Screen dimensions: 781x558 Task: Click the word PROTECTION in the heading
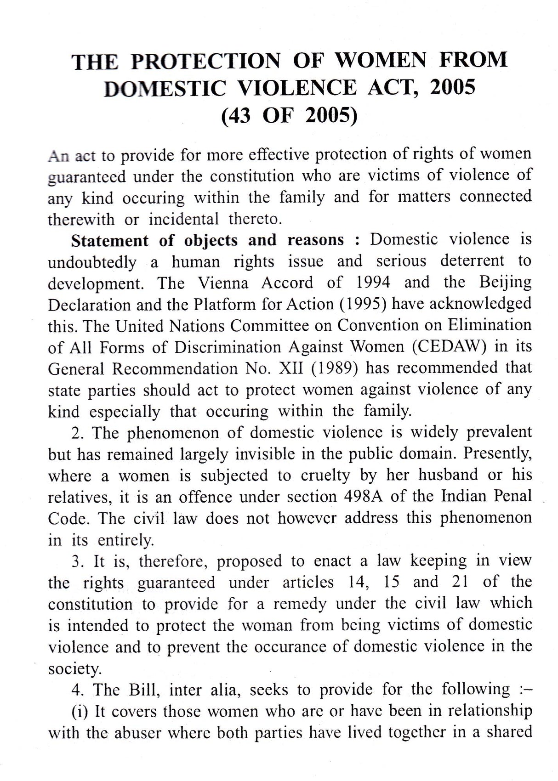tap(205, 61)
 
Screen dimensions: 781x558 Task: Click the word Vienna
tap(223, 283)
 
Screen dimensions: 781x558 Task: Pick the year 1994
tap(372, 282)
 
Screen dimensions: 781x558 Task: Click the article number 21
tap(456, 582)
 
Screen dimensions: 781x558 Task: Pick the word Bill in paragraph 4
tap(148, 690)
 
